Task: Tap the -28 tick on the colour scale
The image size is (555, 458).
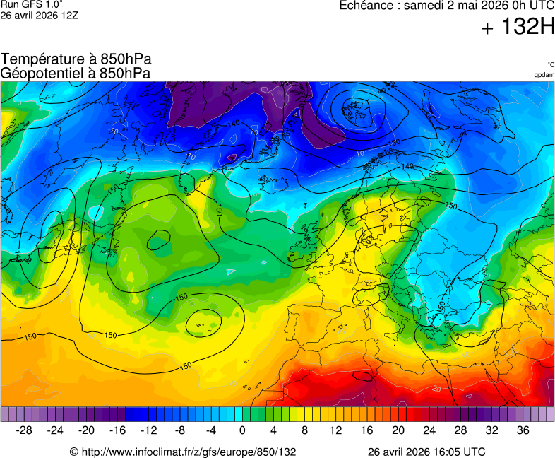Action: coord(24,430)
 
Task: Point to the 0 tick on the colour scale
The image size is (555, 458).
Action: coord(242,430)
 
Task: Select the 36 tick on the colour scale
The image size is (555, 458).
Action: coord(523,430)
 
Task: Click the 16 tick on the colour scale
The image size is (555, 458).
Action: coord(367,430)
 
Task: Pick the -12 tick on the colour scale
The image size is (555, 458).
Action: coord(149,430)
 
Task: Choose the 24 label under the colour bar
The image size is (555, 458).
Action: coord(429,430)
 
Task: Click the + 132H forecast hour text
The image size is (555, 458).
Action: coord(518,28)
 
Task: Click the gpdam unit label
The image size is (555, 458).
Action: coord(544,74)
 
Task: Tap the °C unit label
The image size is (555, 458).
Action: coord(550,64)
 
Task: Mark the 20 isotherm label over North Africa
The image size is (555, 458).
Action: coord(436,389)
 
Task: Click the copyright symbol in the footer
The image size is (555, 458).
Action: coord(73,452)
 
